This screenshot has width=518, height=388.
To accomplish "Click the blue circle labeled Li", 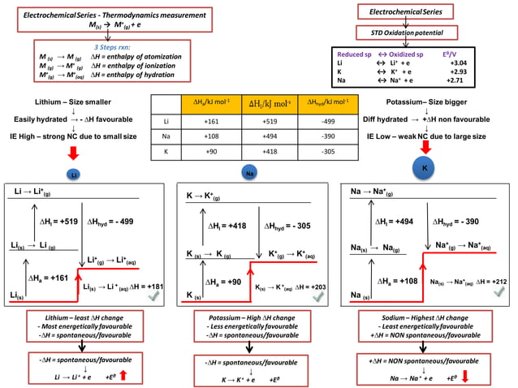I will [x=73, y=175].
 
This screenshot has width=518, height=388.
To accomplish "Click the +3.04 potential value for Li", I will [x=481, y=63].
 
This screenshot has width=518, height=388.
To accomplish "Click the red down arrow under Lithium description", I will [x=74, y=153].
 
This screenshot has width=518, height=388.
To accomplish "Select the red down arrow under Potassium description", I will [x=423, y=147].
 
